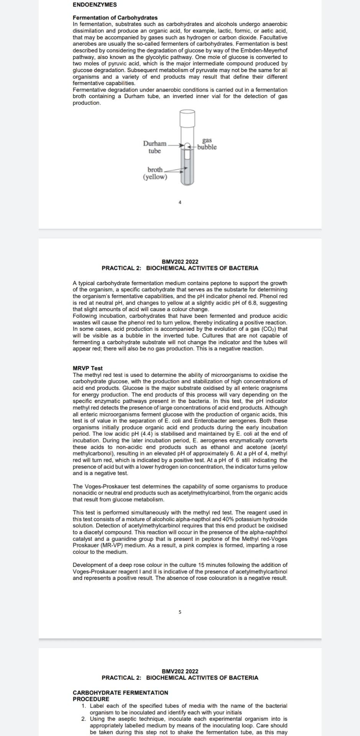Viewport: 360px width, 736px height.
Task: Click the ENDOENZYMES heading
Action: [95, 5]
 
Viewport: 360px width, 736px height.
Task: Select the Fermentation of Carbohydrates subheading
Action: [115, 18]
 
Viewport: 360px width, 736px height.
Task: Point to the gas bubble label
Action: [207, 144]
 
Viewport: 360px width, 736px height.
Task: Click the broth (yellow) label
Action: [155, 173]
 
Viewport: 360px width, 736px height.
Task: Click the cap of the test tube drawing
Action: [187, 118]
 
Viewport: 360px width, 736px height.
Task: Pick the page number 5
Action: [180, 612]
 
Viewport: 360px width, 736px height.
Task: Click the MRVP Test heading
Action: [88, 368]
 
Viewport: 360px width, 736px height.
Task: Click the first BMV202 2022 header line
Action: [180, 262]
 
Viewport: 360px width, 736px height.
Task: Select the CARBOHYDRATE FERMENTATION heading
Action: [120, 692]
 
